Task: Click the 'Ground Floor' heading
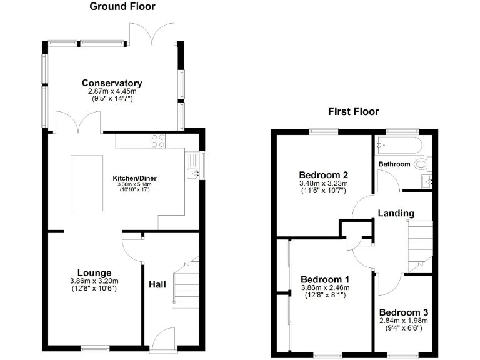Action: point(122,7)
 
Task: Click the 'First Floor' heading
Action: point(354,112)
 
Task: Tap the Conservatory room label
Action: point(112,83)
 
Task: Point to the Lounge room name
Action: point(94,273)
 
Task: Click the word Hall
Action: point(157,284)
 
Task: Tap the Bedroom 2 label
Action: point(323,174)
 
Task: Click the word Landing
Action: point(396,213)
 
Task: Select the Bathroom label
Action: point(394,164)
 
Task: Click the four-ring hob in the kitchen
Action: point(158,141)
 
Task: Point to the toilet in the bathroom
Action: point(422,164)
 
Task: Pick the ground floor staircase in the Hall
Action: point(186,284)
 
